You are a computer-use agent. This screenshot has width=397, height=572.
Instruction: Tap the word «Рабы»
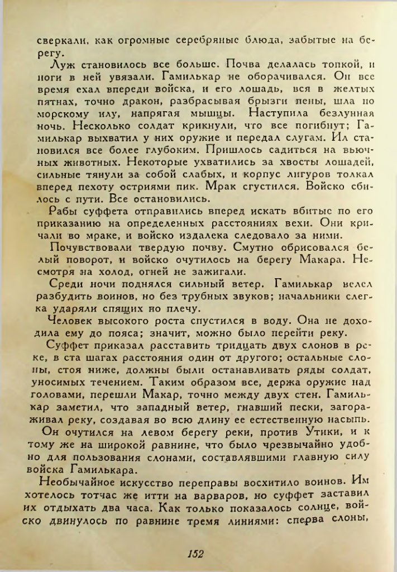[62, 211]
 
